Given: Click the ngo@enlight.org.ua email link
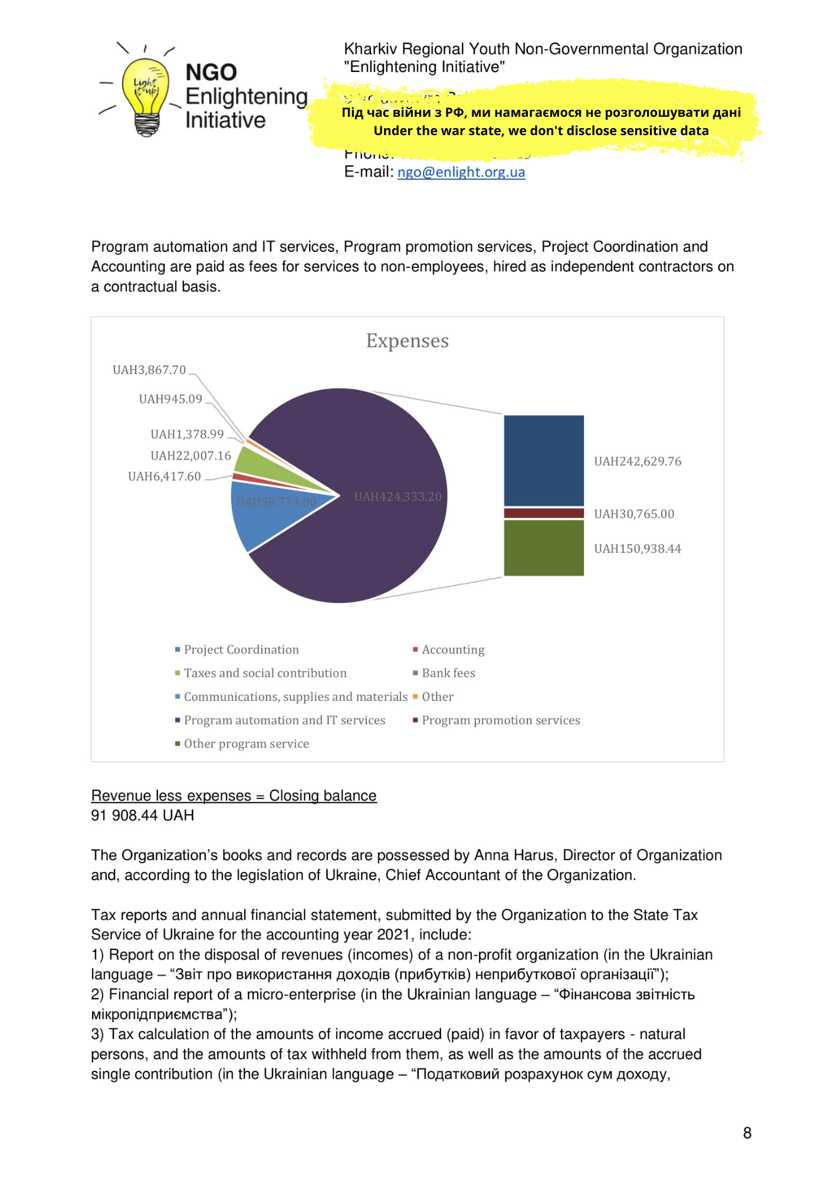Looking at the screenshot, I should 461,172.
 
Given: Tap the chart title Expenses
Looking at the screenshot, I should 407,341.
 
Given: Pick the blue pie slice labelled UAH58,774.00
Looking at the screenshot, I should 260,513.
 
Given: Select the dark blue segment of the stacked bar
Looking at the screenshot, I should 543,460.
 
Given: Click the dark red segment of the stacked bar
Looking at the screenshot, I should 543,513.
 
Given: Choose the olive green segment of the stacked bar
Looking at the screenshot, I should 543,548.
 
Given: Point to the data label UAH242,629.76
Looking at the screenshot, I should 637,461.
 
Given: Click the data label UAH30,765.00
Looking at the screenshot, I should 633,514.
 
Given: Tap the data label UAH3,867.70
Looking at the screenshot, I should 149,370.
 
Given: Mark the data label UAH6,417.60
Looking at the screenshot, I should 164,477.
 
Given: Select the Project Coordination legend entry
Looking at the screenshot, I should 241,650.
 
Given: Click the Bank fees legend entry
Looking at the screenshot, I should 448,673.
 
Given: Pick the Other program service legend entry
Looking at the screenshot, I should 246,744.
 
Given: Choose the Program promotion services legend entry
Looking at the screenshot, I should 500,720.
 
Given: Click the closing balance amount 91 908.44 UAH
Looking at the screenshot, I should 142,815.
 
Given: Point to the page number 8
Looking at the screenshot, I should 747,1133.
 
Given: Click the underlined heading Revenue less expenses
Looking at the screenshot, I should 234,796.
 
